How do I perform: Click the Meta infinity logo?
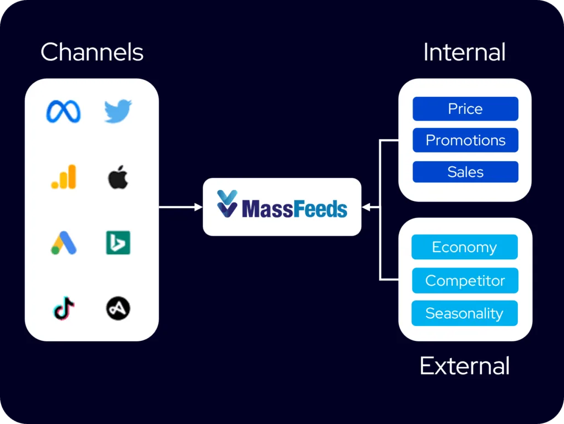63,112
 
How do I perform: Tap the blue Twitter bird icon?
118,111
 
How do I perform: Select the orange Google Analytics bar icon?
63,177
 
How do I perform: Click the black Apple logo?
118,177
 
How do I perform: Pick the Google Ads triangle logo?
63,243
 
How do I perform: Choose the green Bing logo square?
118,243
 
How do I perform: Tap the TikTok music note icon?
64,308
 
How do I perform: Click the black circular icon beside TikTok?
118,308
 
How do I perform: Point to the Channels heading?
92,53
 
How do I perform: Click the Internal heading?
464,53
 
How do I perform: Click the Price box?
465,109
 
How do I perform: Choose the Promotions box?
465,140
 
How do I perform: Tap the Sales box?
465,172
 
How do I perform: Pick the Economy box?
464,247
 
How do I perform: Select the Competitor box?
464,281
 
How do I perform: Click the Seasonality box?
464,313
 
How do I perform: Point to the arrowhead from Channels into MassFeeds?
199,207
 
